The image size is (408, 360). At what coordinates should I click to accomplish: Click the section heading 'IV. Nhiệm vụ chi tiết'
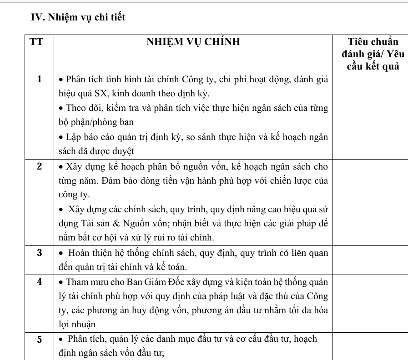click(78, 18)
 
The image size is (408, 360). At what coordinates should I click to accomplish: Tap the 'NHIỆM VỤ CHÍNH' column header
click(193, 43)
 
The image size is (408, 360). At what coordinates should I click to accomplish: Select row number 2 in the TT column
click(39, 166)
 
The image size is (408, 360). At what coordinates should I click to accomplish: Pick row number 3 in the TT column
click(39, 253)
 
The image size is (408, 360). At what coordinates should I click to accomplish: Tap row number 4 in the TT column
click(39, 281)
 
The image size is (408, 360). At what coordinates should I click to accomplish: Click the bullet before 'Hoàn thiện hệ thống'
click(62, 253)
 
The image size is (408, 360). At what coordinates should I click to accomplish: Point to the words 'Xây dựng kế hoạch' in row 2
click(98, 166)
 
